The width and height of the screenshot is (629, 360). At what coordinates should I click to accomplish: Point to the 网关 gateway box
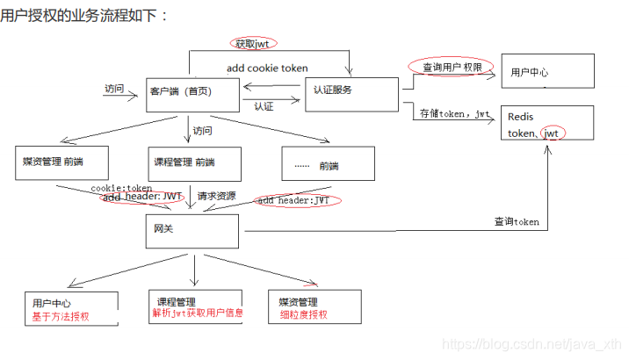[x=192, y=230]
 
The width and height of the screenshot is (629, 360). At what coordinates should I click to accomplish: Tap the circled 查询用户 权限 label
[x=445, y=68]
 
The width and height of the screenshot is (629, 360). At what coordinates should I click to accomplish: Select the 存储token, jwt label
[x=454, y=113]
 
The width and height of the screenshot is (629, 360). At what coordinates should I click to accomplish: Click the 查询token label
[x=516, y=222]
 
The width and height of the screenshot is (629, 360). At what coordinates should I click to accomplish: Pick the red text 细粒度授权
[x=303, y=314]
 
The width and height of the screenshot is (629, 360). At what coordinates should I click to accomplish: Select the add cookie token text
[x=267, y=68]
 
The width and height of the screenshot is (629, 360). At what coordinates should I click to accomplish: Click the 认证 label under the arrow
[x=264, y=107]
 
